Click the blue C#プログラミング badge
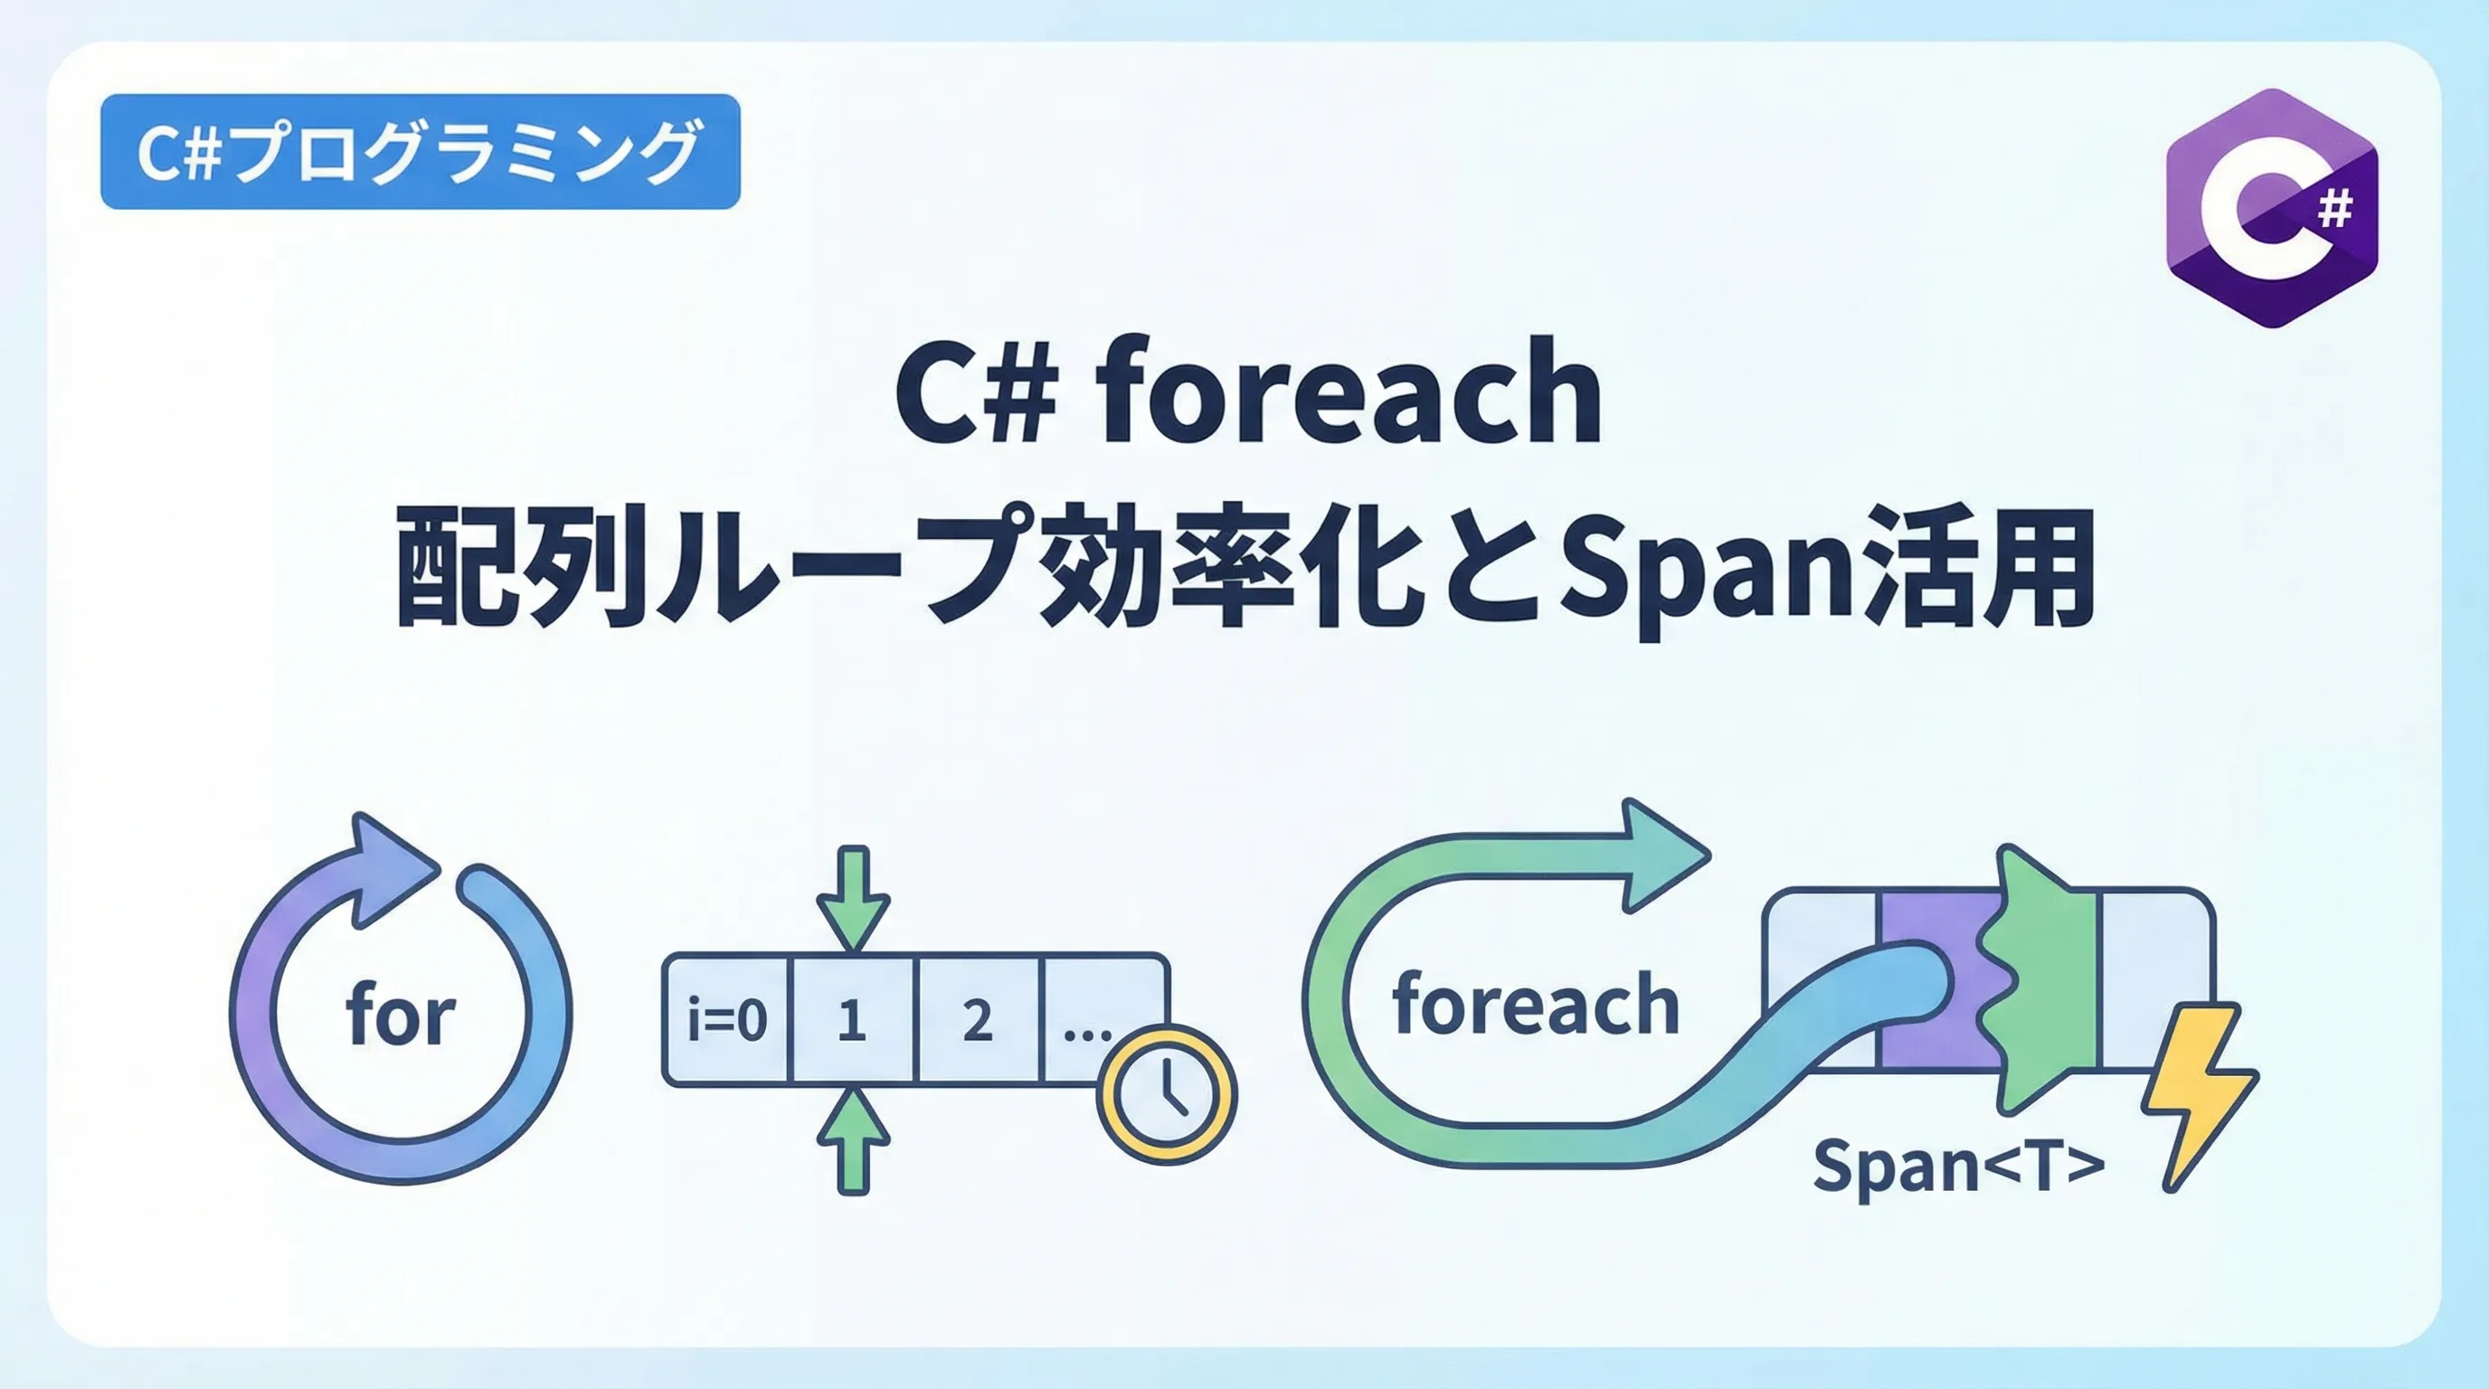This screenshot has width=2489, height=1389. pos(421,152)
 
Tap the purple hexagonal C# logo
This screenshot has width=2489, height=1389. pos(2272,209)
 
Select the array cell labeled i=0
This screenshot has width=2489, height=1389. pos(726,1019)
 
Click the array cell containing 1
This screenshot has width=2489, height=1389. pos(852,1019)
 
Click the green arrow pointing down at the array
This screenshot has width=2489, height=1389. pos(852,898)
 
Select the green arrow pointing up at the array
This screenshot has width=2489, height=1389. pos(852,1139)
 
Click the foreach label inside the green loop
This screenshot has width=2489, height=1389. pos(1536,1005)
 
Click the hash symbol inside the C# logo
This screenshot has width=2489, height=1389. pos(2334,210)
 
